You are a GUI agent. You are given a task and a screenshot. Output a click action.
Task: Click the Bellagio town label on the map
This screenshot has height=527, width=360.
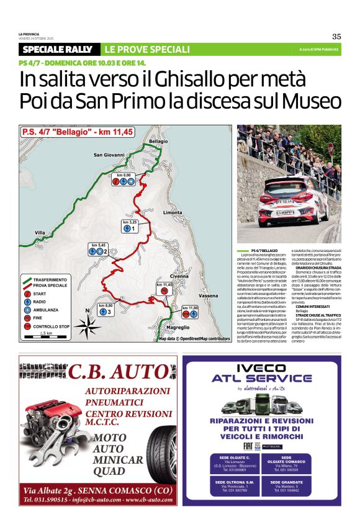(x=158, y=142)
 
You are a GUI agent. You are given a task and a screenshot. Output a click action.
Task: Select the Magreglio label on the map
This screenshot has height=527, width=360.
(x=178, y=327)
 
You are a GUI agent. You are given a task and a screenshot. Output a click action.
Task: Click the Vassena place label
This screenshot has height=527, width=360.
(x=209, y=296)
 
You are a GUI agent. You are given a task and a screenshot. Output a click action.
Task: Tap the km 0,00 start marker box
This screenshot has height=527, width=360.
(x=124, y=179)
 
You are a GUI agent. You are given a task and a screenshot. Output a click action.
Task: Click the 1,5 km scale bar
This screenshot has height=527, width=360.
(x=46, y=335)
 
